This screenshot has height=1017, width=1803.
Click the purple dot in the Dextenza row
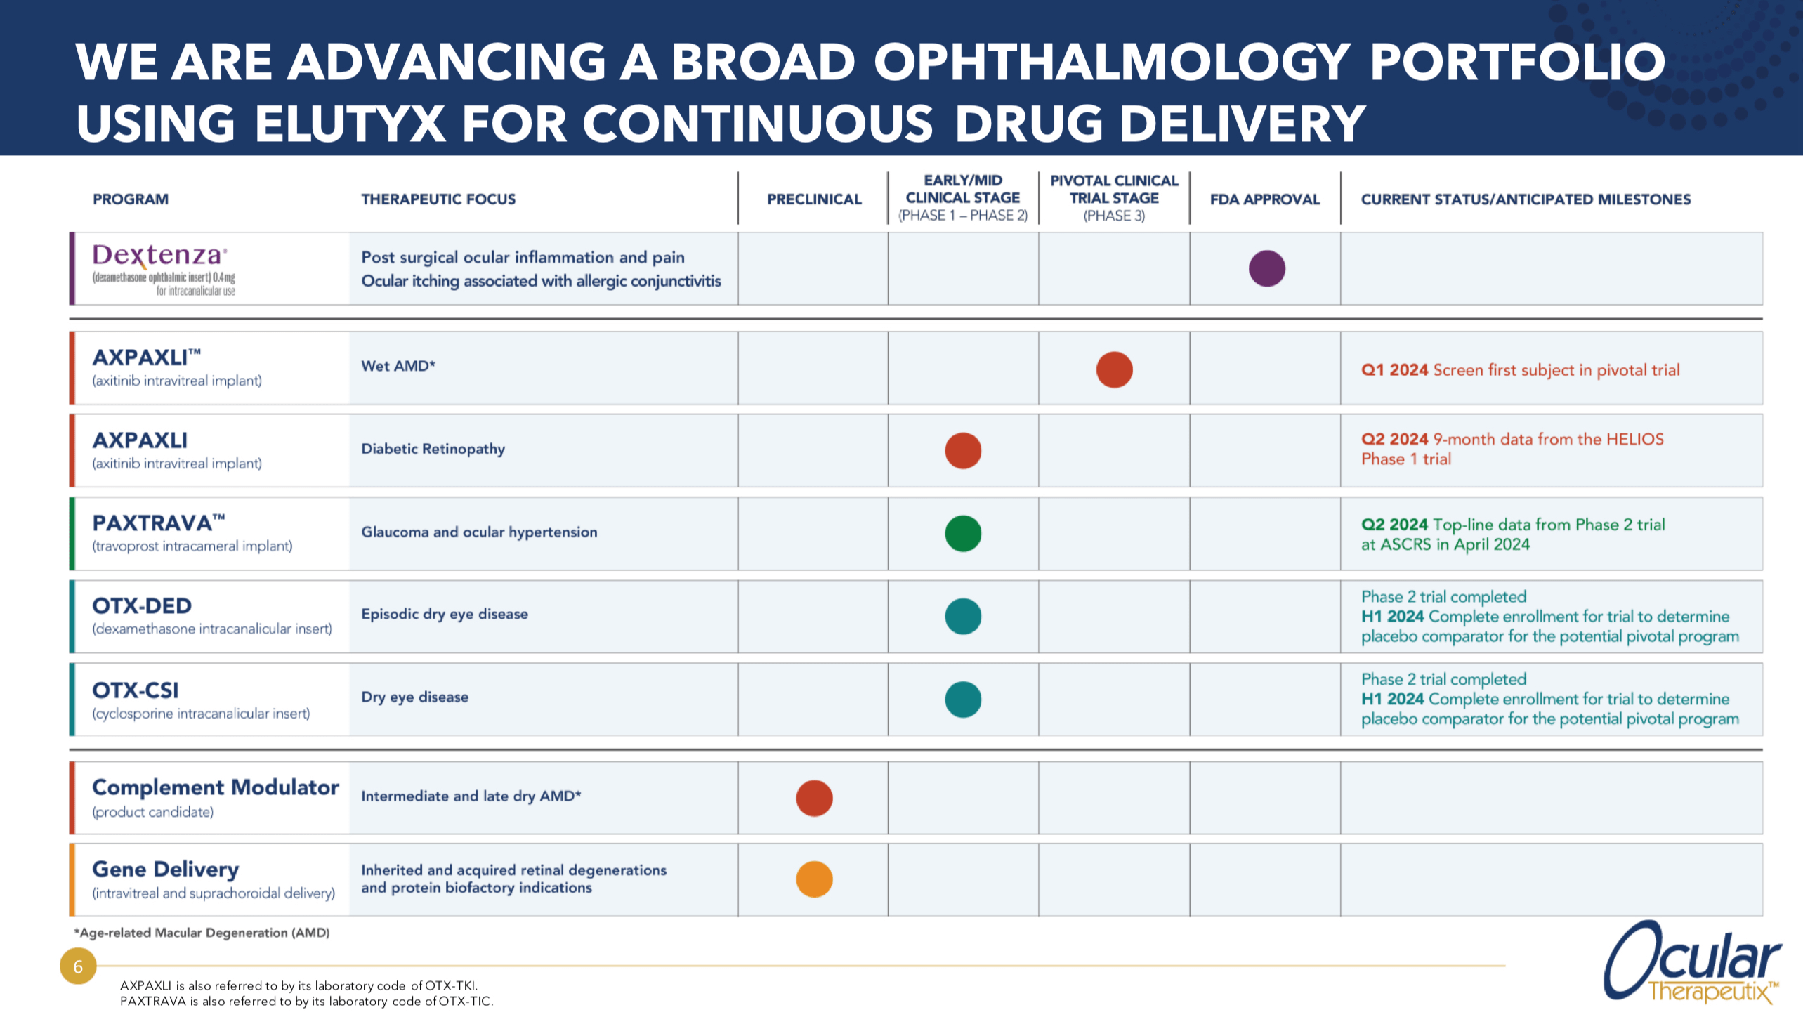click(1266, 268)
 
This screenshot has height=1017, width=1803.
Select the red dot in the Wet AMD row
click(1114, 369)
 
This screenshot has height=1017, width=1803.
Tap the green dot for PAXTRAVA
click(962, 533)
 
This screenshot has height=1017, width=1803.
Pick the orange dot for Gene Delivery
click(814, 879)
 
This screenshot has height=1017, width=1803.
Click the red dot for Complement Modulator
click(814, 798)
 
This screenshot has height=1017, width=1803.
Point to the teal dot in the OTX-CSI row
click(962, 699)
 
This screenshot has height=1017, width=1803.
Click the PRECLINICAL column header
click(813, 199)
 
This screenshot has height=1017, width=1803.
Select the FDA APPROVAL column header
click(1264, 199)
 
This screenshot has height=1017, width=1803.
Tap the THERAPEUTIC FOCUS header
click(438, 199)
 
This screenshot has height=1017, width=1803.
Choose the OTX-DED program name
click(142, 605)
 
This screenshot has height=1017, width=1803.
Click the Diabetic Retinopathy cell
click(433, 449)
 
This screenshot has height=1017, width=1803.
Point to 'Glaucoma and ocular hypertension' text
click(479, 532)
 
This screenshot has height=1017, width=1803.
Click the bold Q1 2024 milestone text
click(1394, 370)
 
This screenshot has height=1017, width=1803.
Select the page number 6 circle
click(78, 966)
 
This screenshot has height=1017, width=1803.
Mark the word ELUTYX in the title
click(350, 124)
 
